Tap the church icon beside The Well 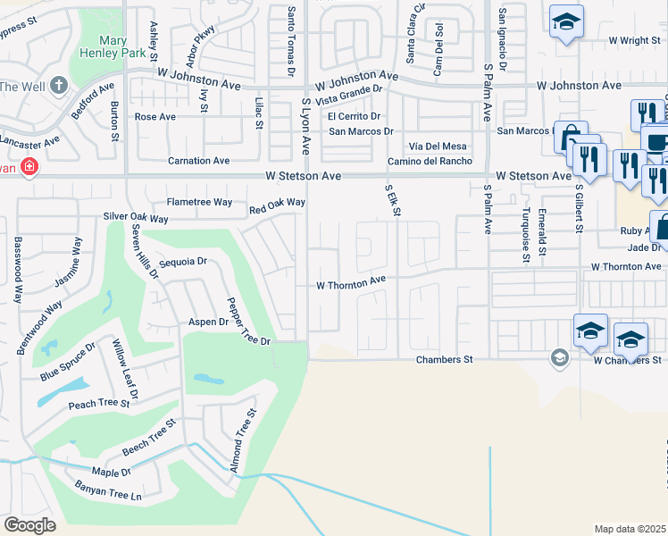pos(60,86)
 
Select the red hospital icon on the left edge pos(29,167)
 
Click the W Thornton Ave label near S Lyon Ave pos(351,286)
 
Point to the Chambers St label pos(444,360)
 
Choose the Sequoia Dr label pos(183,263)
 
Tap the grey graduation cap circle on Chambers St pos(559,358)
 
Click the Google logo pos(29,525)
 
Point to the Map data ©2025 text pos(630,529)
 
